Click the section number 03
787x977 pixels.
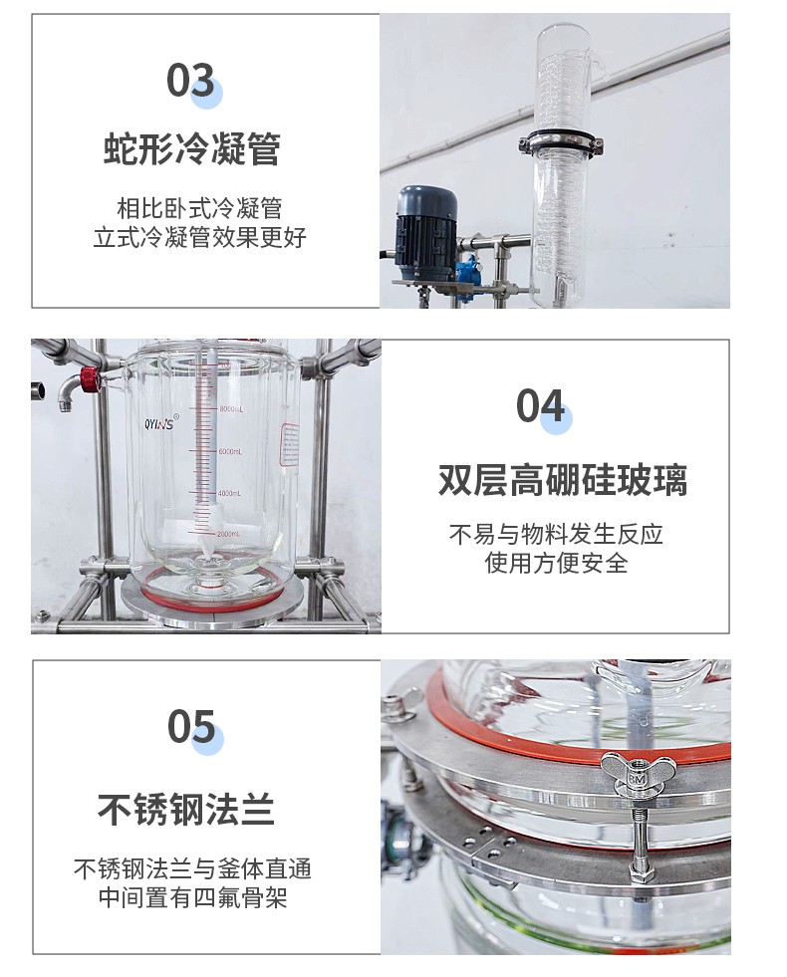click(190, 81)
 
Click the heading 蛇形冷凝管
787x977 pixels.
click(192, 148)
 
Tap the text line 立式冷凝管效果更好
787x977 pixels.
click(199, 237)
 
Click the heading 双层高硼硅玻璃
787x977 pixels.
click(562, 479)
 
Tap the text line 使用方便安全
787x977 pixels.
click(556, 563)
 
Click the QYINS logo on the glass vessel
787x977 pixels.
click(160, 423)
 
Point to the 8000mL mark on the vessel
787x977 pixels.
click(230, 408)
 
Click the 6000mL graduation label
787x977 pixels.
click(230, 451)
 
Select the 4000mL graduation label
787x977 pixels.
click(229, 493)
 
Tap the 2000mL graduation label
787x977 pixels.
click(228, 534)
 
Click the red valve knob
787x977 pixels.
click(89, 376)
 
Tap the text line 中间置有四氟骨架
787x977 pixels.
click(192, 897)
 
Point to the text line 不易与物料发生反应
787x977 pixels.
click(556, 534)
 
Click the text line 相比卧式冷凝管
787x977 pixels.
click(199, 208)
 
